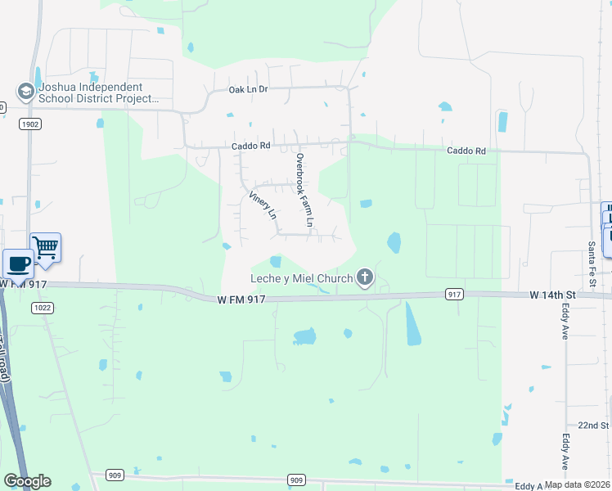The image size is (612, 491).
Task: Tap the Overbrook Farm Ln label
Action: (304, 190)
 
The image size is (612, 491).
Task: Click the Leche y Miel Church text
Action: (301, 278)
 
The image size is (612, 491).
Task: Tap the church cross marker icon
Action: (364, 278)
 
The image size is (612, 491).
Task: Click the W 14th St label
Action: (553, 294)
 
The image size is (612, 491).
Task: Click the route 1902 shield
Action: (28, 123)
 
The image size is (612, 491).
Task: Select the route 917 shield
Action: (456, 294)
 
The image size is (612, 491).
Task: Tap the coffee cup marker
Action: (17, 264)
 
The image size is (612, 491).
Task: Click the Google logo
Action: (27, 480)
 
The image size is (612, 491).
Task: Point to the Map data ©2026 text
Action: (577, 484)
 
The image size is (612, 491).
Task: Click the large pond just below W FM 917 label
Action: (304, 336)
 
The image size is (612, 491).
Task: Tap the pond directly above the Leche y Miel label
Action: (276, 262)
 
